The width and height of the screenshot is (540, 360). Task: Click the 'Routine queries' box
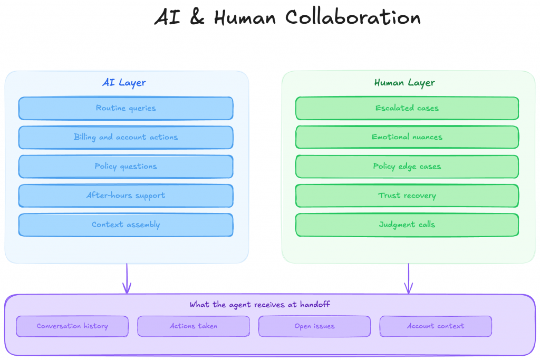pos(126,108)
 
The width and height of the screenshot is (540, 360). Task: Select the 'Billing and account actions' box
pos(126,137)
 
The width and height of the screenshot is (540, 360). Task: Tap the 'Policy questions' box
pos(126,167)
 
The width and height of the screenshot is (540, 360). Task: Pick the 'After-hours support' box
pos(126,196)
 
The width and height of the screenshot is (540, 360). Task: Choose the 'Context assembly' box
pos(126,225)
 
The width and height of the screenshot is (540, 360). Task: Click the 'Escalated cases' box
pos(407,108)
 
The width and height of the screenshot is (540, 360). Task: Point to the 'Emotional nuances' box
pos(407,137)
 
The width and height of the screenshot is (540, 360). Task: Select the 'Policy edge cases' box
pos(407,167)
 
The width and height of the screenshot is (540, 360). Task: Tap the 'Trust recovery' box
pos(407,196)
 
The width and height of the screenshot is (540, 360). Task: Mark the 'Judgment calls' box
pos(407,225)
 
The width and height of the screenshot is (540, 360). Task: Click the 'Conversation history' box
pos(72,326)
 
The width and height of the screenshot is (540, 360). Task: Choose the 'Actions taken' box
pos(194,326)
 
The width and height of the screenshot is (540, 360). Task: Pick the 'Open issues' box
pos(314,326)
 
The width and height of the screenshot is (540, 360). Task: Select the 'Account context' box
pos(436,326)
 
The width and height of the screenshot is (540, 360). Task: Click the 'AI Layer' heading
pos(124,83)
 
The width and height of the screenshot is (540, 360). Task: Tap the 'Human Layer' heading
pos(404,83)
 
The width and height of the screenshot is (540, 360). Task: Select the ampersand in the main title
pos(195,18)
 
